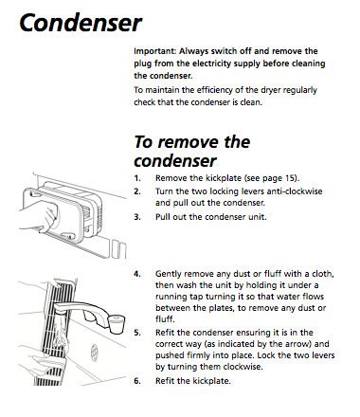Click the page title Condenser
81,23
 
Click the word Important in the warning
154,51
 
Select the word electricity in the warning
212,63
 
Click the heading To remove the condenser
192,151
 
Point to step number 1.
137,178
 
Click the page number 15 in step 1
289,178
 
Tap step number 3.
137,217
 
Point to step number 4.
137,274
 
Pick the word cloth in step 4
323,274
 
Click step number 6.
137,381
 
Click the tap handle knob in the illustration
117,324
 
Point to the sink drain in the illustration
95,353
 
